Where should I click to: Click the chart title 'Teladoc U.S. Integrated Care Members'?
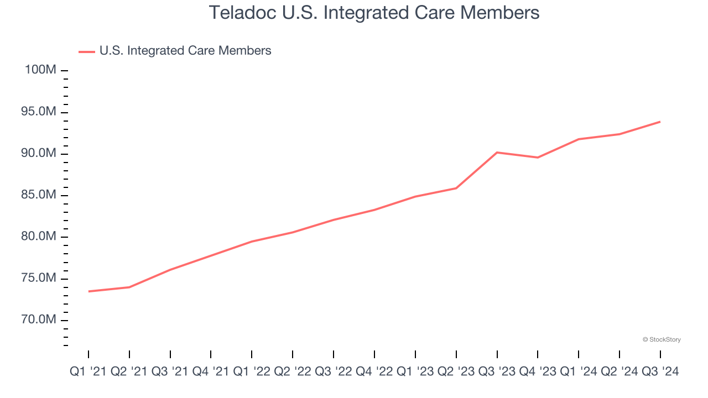click(x=374, y=13)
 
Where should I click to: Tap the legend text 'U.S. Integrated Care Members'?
click(x=185, y=51)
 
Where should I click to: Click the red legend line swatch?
click(x=87, y=51)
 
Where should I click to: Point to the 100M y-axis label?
click(x=40, y=70)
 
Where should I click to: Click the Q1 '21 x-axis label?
click(x=88, y=372)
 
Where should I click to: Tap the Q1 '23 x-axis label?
click(x=415, y=372)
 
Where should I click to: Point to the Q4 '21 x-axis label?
click(x=211, y=372)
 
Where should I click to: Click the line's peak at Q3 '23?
click(x=497, y=152)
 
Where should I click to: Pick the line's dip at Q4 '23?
click(x=538, y=158)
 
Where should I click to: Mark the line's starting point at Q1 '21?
click(x=88, y=291)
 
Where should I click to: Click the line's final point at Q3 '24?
click(x=660, y=122)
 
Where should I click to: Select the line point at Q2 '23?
click(x=456, y=188)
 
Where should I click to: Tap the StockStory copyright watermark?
click(x=662, y=339)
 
